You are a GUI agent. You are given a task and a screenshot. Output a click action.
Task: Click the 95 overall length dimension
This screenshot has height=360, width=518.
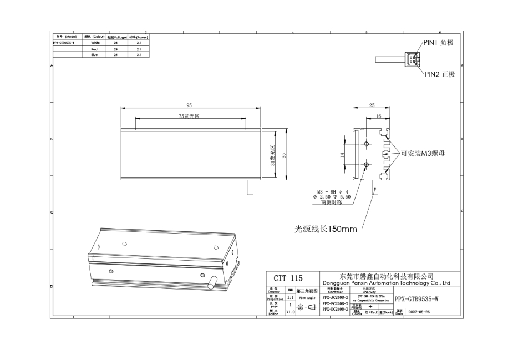(189, 105)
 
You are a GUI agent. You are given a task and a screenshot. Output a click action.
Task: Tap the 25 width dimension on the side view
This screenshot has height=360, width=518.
(372, 105)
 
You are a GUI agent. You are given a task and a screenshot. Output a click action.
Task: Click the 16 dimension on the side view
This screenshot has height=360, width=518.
(378, 116)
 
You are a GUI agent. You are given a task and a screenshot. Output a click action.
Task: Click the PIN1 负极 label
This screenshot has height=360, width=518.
(439, 43)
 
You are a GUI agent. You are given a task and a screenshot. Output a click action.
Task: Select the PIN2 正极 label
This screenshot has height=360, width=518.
(439, 74)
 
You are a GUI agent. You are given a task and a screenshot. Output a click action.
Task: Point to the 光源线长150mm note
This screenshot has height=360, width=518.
(326, 229)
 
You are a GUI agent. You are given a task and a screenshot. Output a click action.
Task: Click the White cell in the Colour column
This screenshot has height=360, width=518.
(95, 42)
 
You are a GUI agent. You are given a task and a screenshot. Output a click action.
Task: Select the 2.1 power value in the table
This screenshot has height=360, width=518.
(139, 49)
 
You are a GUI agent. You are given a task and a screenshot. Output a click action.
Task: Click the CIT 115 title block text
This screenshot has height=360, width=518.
(288, 278)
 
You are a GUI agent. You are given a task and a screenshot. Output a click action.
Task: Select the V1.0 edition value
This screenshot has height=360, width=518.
(290, 312)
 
